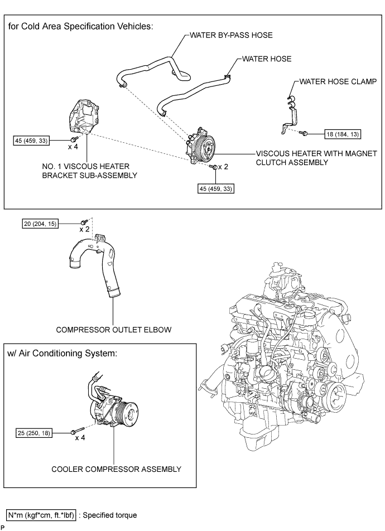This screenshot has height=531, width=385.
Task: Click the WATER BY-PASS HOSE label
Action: pyautogui.click(x=231, y=35)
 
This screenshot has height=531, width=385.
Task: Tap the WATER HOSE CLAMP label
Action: pyautogui.click(x=338, y=81)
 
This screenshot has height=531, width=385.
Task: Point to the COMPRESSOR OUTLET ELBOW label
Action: pyautogui.click(x=113, y=330)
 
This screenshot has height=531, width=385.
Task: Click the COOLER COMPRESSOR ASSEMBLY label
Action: pyautogui.click(x=116, y=469)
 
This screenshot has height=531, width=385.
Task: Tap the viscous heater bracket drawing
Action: pyautogui.click(x=84, y=116)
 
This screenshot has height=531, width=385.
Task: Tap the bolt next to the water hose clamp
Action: pyautogui.click(x=304, y=133)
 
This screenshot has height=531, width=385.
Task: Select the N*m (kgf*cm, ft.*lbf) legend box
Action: pyautogui.click(x=41, y=515)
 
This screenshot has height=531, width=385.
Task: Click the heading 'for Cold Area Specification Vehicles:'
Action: pyautogui.click(x=81, y=26)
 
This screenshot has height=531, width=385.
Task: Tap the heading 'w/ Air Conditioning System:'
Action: pyautogui.click(x=62, y=354)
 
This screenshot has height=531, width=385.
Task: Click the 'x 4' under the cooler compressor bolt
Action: pyautogui.click(x=80, y=437)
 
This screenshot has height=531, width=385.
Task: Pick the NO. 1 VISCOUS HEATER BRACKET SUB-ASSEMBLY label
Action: pyautogui.click(x=89, y=171)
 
